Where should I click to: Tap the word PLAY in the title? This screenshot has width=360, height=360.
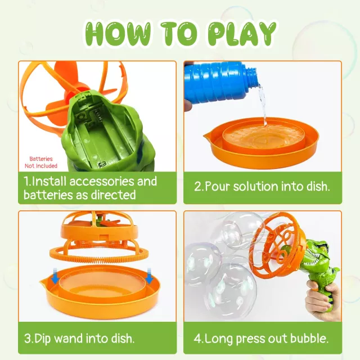click(x=242, y=34)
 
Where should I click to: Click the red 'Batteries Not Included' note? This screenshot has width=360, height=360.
click(x=41, y=163)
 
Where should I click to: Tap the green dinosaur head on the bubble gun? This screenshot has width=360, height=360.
click(x=319, y=255)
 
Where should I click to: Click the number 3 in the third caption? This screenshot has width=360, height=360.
click(x=27, y=339)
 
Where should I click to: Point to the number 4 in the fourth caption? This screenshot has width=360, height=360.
click(x=197, y=339)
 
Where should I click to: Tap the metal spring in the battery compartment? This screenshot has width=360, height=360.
click(x=98, y=115)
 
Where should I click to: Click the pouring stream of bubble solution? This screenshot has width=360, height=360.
click(x=263, y=103)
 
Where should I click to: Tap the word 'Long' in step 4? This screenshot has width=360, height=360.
click(x=219, y=339)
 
